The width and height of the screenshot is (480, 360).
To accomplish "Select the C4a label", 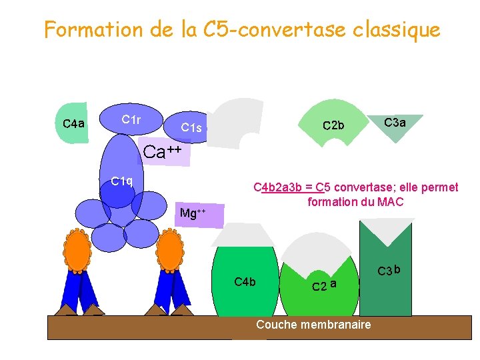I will [73, 123].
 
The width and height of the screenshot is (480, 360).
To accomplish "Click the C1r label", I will [131, 120].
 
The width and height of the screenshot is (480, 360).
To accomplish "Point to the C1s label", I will [191, 127].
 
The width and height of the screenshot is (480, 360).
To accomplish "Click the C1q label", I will [122, 181].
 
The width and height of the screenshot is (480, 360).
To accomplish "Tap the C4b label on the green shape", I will [245, 282].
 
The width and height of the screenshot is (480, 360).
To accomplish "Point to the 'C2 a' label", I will [324, 285].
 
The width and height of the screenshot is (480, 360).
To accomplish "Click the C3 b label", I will [389, 271].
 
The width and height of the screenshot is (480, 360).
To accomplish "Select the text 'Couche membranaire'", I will [313, 325].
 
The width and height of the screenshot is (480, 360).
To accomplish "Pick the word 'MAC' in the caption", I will [391, 202].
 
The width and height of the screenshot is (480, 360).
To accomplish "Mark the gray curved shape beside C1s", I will [237, 121].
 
